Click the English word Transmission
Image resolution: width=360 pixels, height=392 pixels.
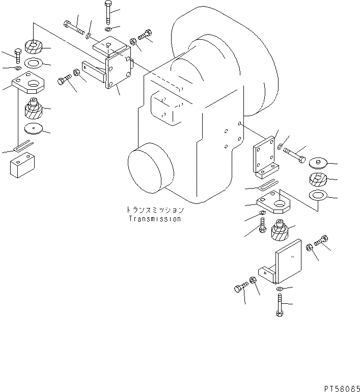click(154, 219)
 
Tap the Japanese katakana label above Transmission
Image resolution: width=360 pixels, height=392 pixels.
click(154, 210)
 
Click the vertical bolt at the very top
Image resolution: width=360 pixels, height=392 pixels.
click(108, 13)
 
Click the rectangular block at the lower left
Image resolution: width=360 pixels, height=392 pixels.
click(22, 166)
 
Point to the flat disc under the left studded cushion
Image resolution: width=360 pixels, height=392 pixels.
click(34, 129)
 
